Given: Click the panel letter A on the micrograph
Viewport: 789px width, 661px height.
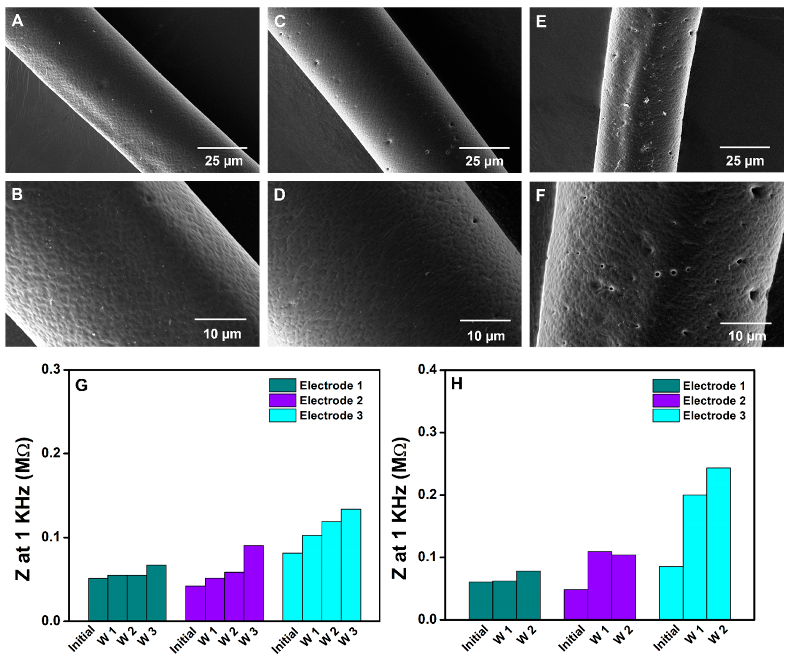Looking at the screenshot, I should point(17,21).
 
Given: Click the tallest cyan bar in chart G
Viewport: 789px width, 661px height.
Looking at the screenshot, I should point(351,565).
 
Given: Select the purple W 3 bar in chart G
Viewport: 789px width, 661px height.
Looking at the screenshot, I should point(254,583).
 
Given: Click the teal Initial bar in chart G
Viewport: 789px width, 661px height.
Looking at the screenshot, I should point(98,599).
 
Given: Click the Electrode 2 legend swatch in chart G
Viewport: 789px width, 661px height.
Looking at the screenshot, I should point(283,401).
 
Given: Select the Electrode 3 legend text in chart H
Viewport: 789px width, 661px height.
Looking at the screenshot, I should point(714,415).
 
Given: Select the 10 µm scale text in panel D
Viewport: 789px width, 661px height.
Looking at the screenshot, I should point(486,336).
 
